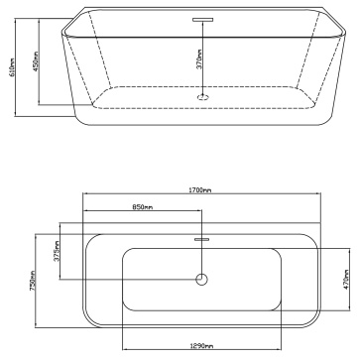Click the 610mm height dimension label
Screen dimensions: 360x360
coord(12,67)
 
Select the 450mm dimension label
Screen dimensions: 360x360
coord(36,60)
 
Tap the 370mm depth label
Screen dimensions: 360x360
coord(199,60)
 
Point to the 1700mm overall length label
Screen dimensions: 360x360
coord(201,189)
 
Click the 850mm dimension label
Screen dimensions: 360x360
coord(143,207)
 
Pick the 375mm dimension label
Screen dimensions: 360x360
coord(57,251)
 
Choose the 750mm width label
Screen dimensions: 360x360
coord(33,281)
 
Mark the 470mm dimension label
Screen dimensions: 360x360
coord(346,280)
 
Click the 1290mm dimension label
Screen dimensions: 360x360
coord(201,346)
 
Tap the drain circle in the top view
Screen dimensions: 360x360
coord(201,280)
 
